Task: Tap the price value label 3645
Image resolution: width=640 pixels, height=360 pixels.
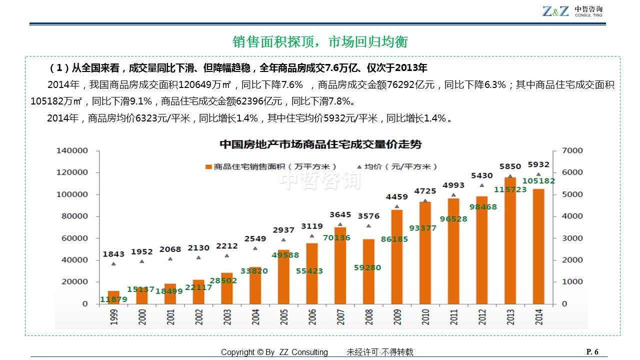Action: click(340, 215)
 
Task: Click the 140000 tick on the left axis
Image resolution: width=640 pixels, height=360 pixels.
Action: click(72, 150)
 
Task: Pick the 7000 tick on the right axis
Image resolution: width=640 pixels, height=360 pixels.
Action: click(572, 150)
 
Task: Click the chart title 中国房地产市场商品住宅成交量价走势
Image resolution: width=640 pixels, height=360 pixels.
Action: click(320, 144)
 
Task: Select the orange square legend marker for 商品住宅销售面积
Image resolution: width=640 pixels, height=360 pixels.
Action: click(208, 167)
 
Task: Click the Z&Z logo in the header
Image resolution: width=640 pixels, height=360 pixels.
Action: click(555, 11)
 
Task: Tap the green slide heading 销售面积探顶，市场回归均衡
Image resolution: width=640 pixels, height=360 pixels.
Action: click(320, 42)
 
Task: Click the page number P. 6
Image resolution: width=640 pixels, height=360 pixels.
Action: click(592, 351)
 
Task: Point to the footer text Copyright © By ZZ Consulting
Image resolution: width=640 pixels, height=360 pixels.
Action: click(274, 352)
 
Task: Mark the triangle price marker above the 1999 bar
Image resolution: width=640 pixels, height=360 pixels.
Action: click(113, 263)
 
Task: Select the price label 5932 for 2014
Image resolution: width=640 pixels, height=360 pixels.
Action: click(538, 164)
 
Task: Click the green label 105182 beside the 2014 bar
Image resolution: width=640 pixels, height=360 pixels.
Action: click(538, 181)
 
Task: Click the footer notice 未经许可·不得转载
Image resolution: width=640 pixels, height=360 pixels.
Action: click(380, 352)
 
